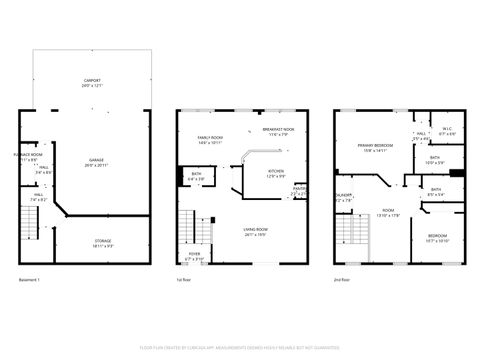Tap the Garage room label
coord(95,161)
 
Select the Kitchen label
coord(275,172)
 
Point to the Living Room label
coord(255,232)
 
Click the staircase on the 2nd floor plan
coord(350,231)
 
